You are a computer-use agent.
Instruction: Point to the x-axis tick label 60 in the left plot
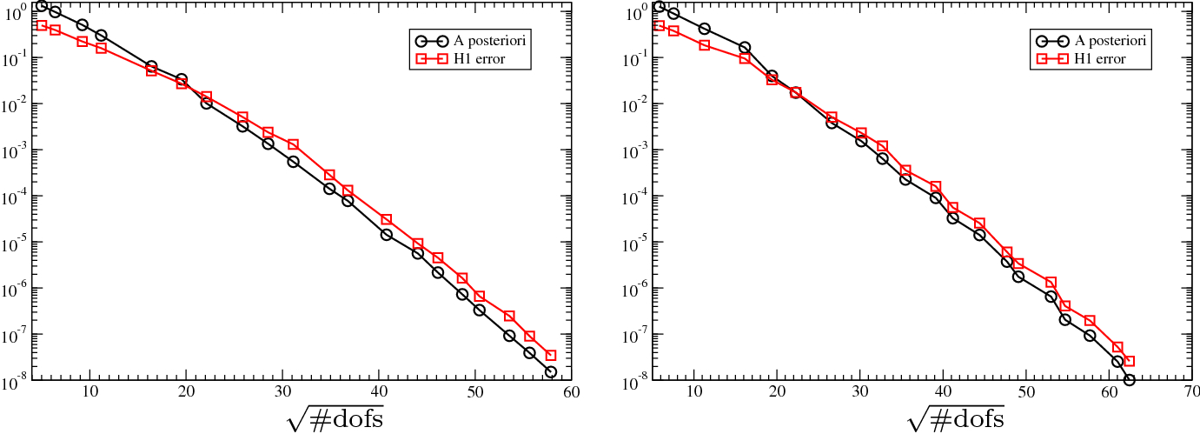tap(571, 392)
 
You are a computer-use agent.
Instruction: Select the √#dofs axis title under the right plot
tap(956, 418)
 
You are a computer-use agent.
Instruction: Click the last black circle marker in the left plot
tap(550, 371)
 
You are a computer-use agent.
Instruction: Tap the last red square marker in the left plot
tap(550, 355)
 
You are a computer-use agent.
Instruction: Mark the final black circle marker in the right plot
tap(1129, 379)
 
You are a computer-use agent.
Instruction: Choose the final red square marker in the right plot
tap(1129, 361)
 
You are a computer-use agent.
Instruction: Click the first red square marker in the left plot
tap(41, 25)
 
